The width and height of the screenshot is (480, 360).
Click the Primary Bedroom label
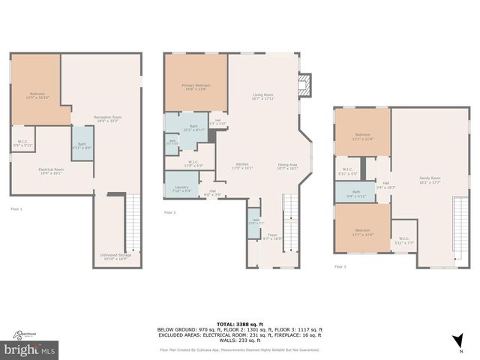point(196,88)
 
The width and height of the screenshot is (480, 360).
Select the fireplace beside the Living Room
point(304,85)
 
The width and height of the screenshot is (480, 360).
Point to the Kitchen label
point(242,166)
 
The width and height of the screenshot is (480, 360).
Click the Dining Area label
point(287,166)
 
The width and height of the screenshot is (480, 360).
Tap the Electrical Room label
point(51,170)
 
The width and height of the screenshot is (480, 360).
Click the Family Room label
point(430,179)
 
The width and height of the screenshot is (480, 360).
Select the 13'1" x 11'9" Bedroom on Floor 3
point(362,136)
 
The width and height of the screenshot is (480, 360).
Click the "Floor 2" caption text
point(170,213)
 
